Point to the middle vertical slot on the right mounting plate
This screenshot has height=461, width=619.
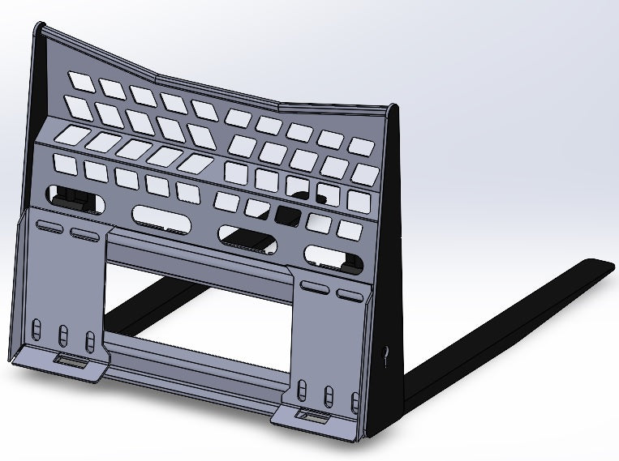pyautogui.click(x=329, y=395)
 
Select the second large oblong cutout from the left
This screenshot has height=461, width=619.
pyautogui.click(x=161, y=216)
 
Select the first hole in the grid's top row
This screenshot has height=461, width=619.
pyautogui.click(x=82, y=80)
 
